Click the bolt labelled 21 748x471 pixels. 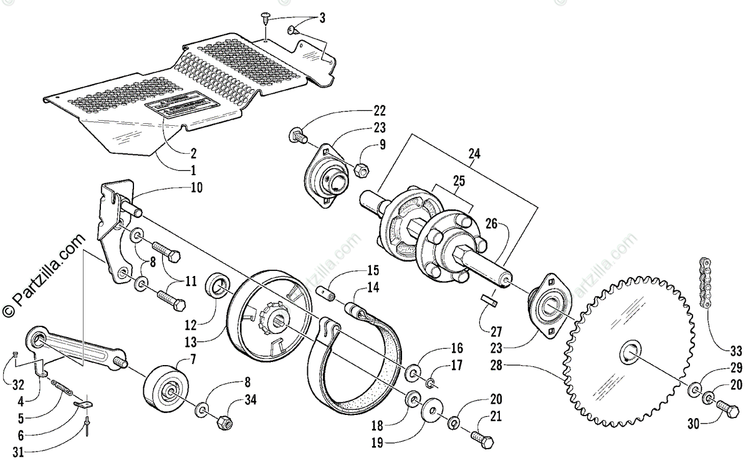coord(484,439)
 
